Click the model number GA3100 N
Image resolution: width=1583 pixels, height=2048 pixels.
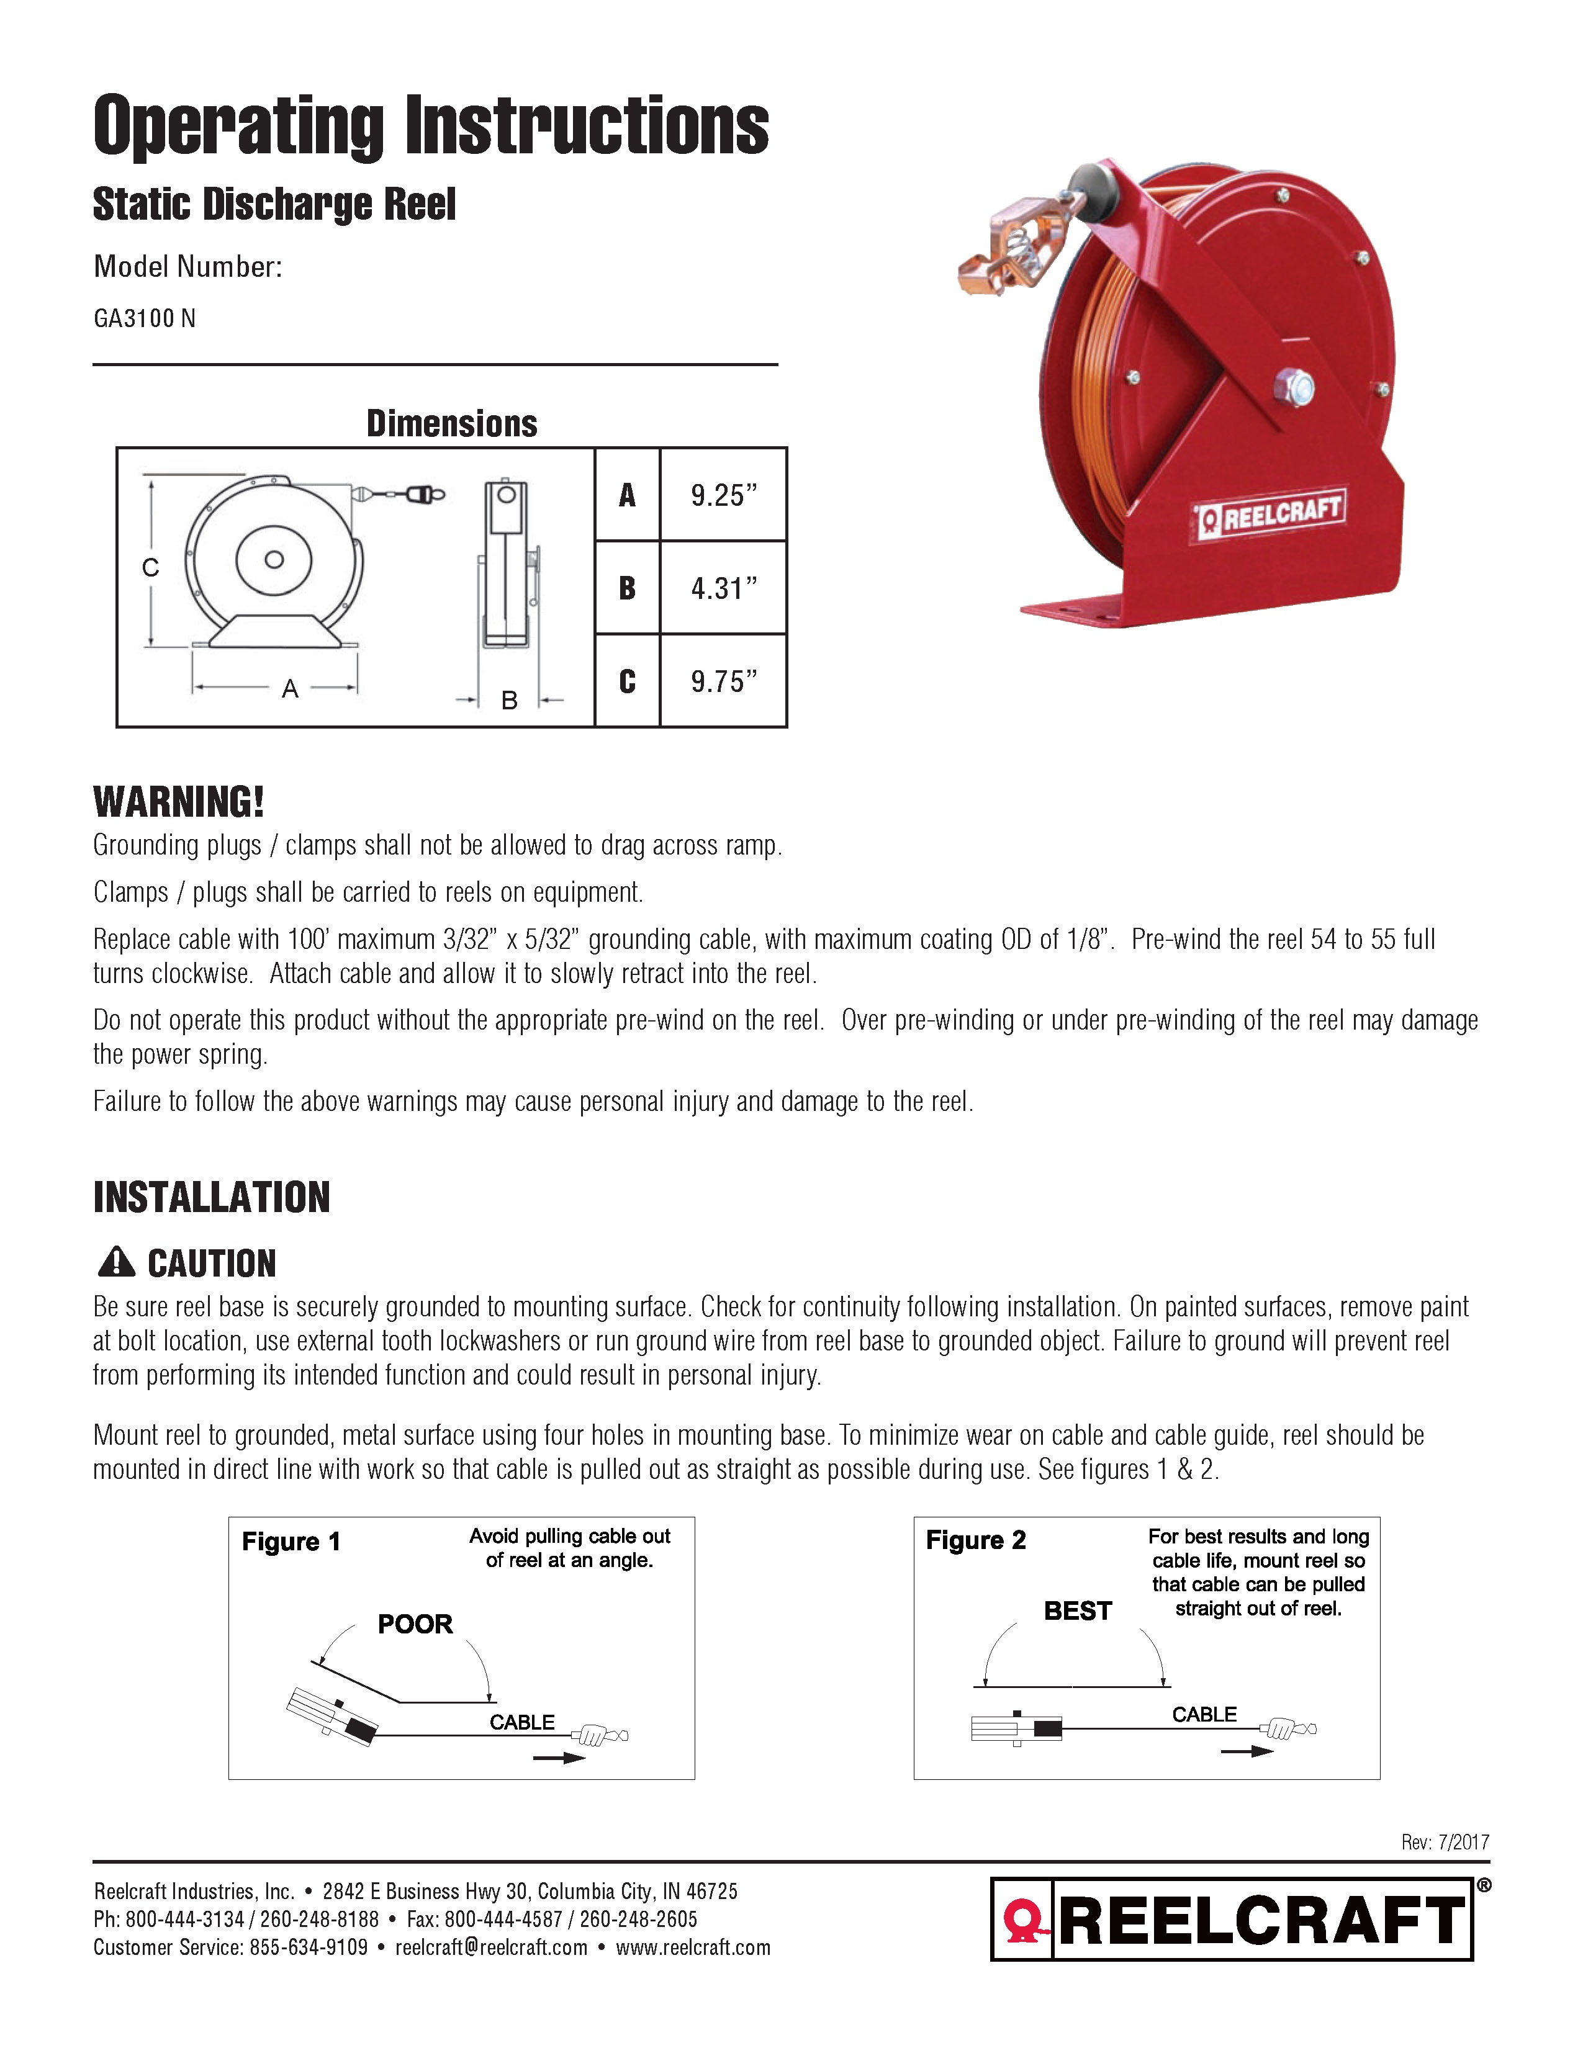point(145,319)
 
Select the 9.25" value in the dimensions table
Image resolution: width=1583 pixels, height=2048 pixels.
point(723,495)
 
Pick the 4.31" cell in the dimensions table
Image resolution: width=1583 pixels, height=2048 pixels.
point(723,588)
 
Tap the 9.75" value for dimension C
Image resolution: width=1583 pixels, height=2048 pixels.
point(723,681)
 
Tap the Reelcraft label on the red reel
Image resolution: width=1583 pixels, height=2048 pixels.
point(1271,513)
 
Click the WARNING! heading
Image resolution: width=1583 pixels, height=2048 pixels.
point(178,802)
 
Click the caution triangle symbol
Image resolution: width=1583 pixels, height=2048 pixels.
point(116,1262)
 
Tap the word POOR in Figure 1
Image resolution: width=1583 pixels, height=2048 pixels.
point(415,1624)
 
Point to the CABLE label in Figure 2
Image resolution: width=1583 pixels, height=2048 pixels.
point(1204,1714)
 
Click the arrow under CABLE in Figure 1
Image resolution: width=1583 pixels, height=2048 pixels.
point(559,1758)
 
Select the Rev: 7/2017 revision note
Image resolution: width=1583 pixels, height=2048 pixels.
point(1445,1843)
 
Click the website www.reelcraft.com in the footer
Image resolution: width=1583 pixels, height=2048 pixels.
point(693,1947)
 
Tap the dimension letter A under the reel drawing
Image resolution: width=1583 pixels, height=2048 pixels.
point(290,689)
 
